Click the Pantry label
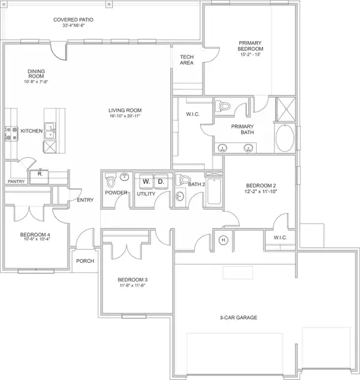pyautogui.click(x=16, y=181)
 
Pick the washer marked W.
pyautogui.click(x=146, y=181)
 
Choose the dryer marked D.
pyautogui.click(x=160, y=181)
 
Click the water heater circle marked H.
pyautogui.click(x=223, y=239)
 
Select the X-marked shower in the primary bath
pyautogui.click(x=285, y=106)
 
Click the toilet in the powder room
pyautogui.click(x=111, y=180)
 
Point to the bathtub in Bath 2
pyautogui.click(x=214, y=189)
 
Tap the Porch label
pyautogui.click(x=85, y=261)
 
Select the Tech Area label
pyautogui.click(x=187, y=59)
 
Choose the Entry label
pyautogui.click(x=85, y=200)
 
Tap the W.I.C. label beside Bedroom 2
pyautogui.click(x=281, y=238)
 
